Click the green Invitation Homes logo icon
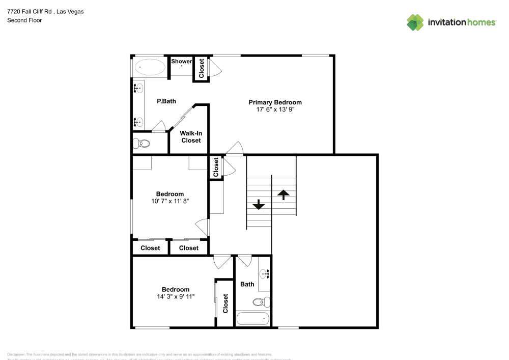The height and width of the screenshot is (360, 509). tap(415, 22)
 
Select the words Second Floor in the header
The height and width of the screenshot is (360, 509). tap(24, 20)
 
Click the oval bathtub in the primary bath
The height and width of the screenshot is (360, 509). tap(150, 67)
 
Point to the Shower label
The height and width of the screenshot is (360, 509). tap(181, 62)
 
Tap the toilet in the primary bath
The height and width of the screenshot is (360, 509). tap(142, 144)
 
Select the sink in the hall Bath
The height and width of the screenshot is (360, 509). tap(264, 274)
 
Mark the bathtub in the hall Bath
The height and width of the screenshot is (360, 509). tap(253, 319)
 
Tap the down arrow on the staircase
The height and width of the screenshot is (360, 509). tap(259, 205)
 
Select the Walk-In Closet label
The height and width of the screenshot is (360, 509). tap(191, 136)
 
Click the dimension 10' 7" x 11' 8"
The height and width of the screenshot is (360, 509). tap(169, 201)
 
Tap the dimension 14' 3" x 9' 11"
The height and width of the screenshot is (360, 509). tap(176, 296)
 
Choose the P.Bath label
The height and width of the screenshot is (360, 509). tap(166, 101)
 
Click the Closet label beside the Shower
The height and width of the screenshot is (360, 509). tap(202, 68)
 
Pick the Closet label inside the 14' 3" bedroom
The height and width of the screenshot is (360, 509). tap(225, 304)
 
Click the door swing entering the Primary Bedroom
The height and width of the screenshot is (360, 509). tap(235, 148)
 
